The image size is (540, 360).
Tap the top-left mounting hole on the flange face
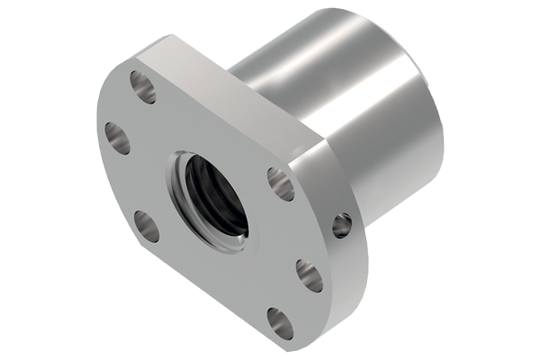[143, 85]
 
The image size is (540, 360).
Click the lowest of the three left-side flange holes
[147, 225]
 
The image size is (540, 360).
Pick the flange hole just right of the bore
[281, 184]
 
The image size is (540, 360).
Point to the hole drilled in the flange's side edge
[342, 224]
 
